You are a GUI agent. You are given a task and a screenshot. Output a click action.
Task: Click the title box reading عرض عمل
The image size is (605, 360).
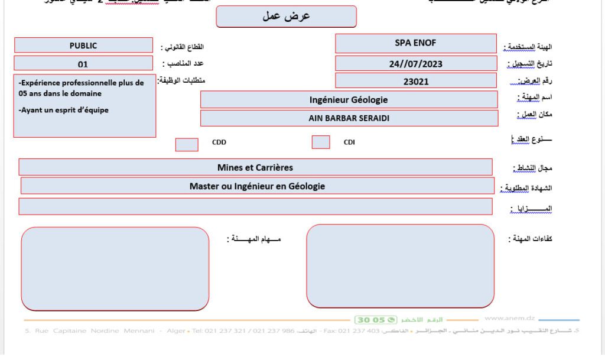287,17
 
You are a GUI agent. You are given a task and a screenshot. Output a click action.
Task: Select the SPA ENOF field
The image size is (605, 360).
415,43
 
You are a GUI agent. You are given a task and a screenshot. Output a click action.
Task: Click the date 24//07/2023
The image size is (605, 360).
415,63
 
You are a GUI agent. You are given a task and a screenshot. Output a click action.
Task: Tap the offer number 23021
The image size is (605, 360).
415,82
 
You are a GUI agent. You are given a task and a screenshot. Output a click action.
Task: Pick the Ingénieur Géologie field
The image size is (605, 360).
348,99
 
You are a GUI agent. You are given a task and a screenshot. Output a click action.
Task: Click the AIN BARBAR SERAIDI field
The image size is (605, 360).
348,118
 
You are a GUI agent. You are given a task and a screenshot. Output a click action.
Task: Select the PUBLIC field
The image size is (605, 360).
83,45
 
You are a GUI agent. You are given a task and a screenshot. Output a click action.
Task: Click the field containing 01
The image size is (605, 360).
83,63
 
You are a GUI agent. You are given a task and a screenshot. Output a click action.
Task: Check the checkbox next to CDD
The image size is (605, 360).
187,144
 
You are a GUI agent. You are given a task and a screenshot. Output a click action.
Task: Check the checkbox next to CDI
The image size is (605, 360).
321,142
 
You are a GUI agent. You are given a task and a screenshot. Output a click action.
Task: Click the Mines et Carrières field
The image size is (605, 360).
255,167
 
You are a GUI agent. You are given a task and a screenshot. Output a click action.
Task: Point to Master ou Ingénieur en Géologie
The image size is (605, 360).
257,186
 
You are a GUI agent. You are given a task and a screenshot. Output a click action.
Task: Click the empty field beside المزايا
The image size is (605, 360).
255,206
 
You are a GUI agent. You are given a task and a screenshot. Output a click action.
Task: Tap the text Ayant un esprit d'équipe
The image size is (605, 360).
64,109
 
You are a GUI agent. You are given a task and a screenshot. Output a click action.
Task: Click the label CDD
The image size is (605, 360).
219,142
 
